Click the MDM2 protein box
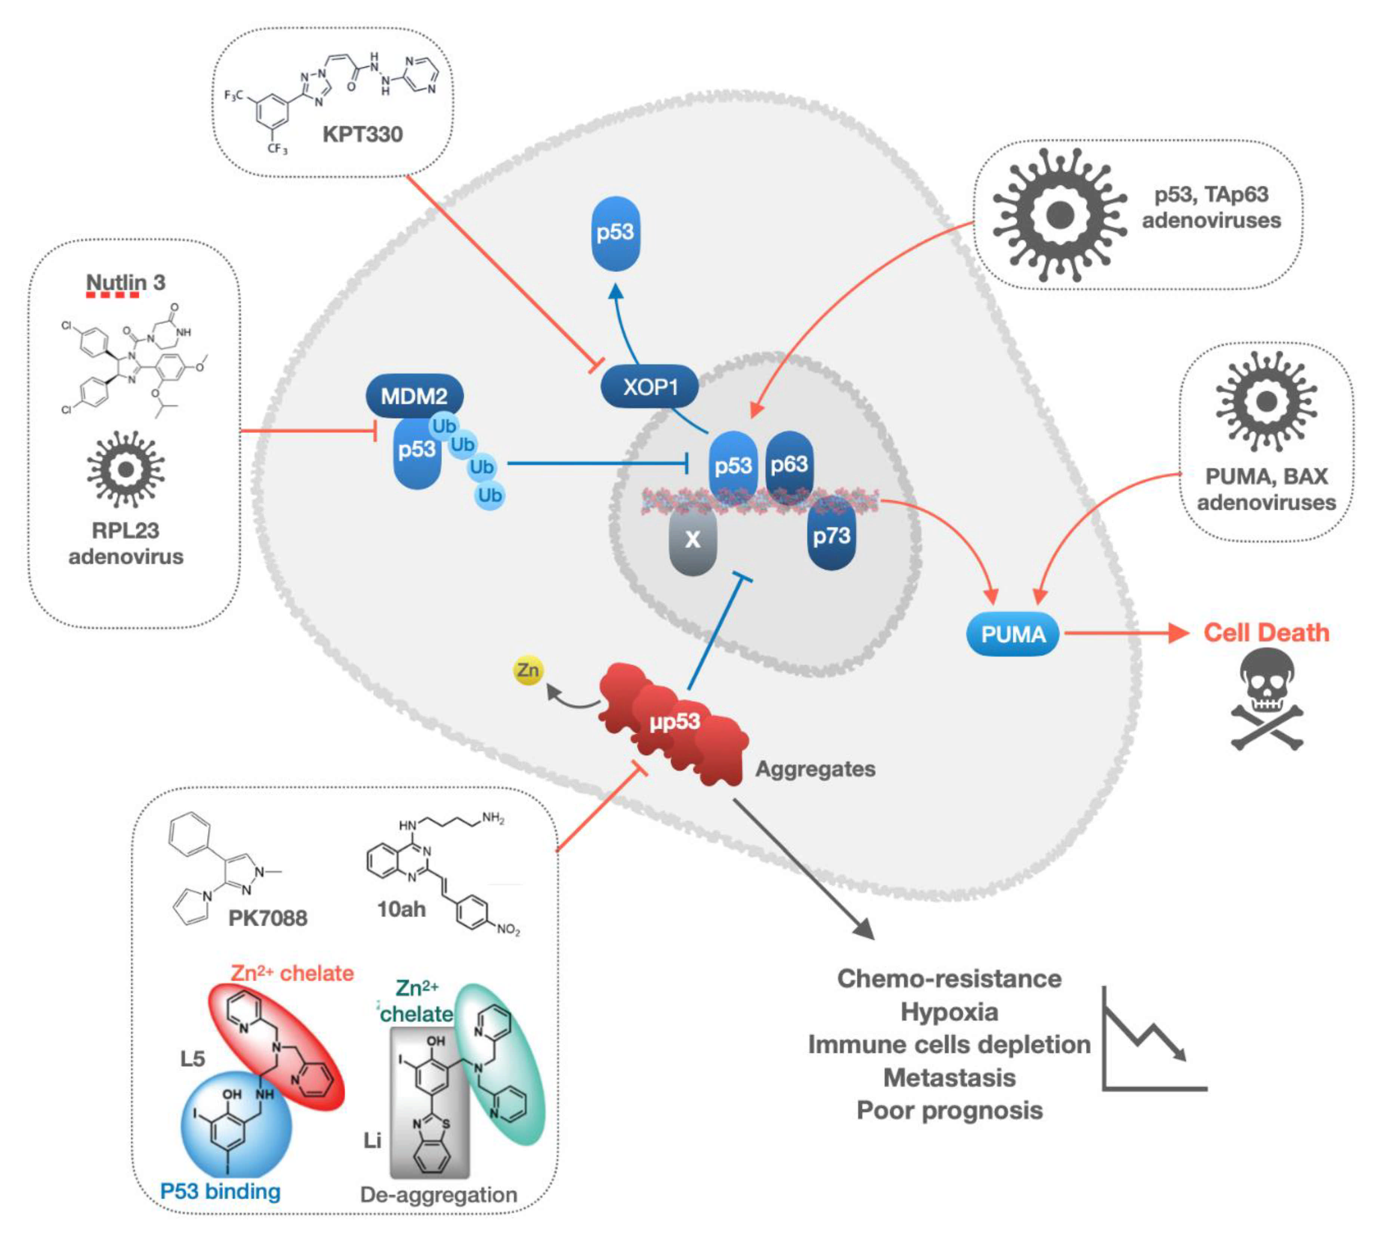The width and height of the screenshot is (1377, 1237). [x=415, y=396]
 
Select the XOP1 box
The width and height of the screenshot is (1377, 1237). [x=650, y=387]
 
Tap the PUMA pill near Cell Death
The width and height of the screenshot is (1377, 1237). [x=1013, y=634]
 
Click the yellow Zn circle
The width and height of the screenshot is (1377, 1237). [x=528, y=670]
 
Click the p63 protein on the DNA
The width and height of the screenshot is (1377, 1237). [x=789, y=464]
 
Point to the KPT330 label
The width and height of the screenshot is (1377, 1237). [x=362, y=134]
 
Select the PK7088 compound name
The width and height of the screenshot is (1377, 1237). [x=268, y=918]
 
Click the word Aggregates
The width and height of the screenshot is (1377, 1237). [x=816, y=769]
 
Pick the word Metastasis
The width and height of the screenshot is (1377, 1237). [x=950, y=1077]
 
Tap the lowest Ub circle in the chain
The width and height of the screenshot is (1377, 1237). [x=490, y=494]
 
